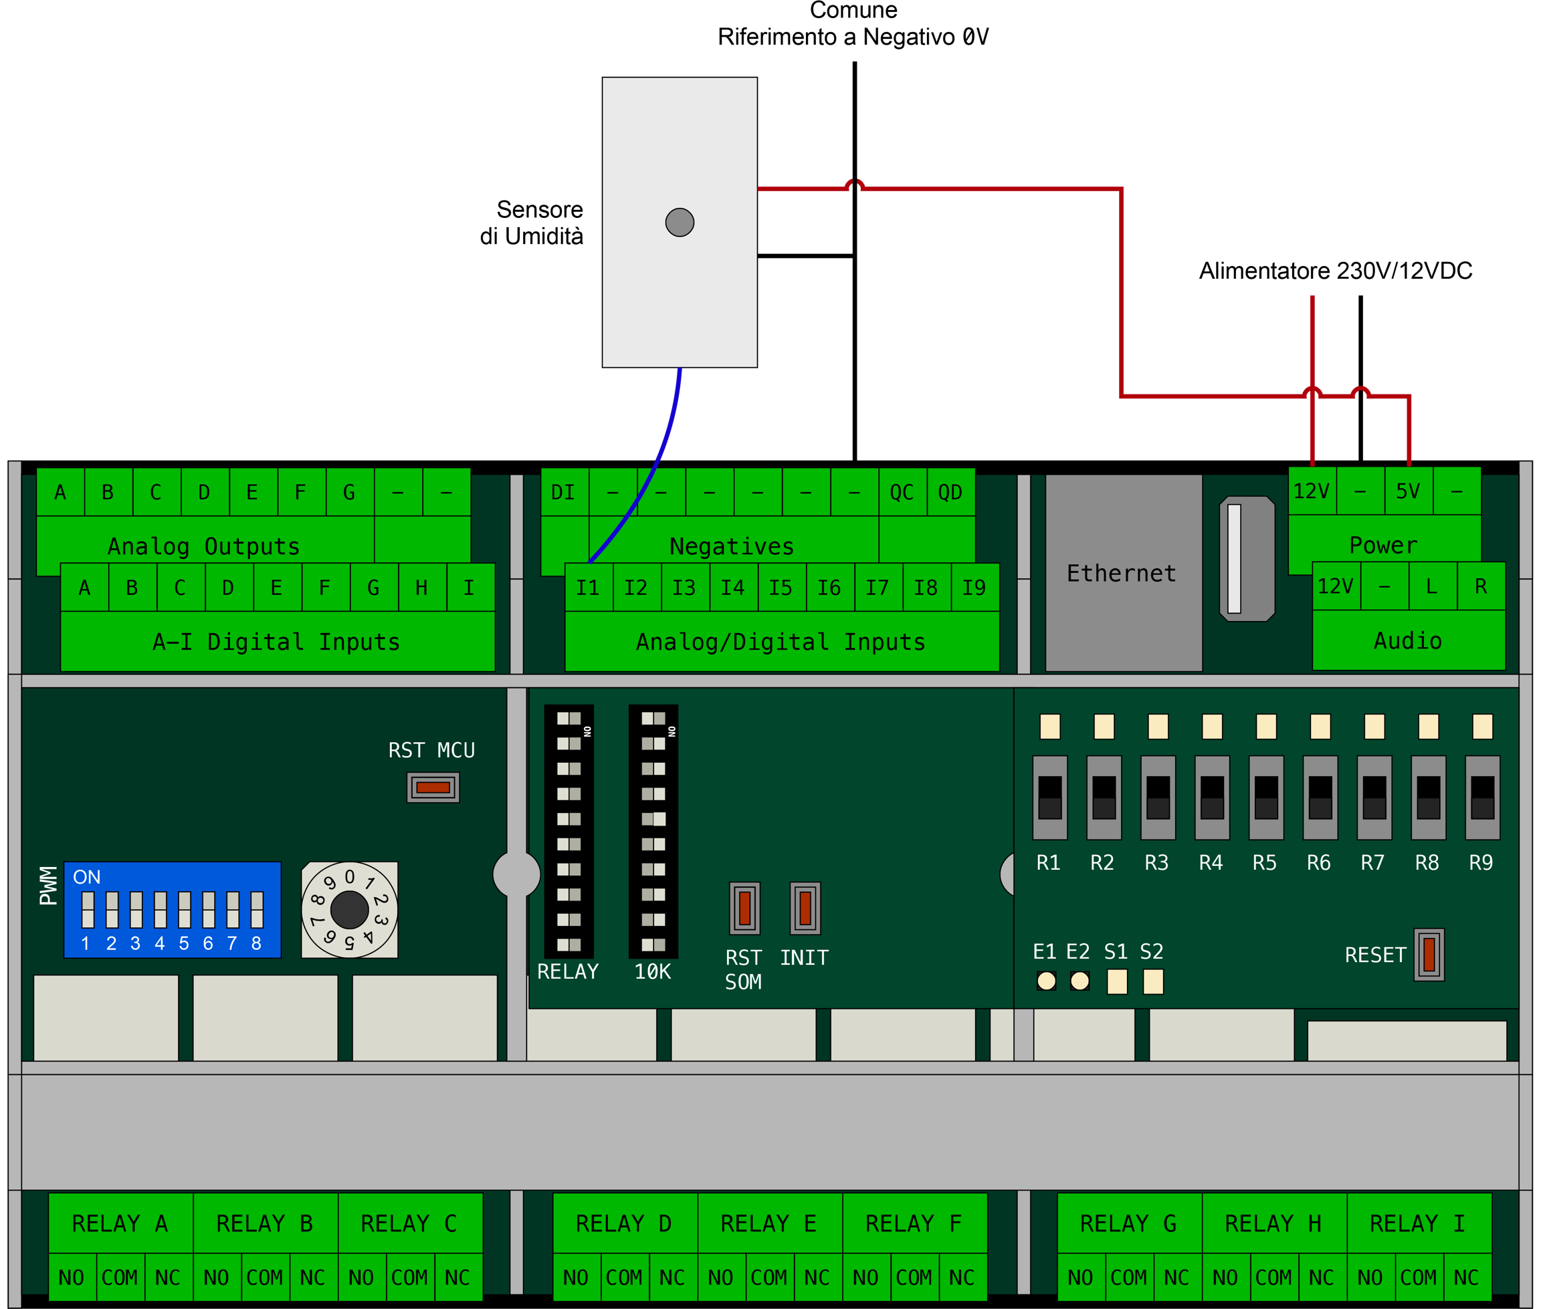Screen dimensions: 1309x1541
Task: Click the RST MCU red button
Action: coord(433,788)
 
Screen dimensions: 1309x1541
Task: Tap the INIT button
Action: coord(805,908)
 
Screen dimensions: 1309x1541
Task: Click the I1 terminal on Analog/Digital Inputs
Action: coord(589,588)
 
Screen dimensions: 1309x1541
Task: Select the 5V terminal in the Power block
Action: coord(1408,491)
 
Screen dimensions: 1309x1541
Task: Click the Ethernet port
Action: coord(1123,574)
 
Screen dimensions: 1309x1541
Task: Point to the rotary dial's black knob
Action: coord(349,910)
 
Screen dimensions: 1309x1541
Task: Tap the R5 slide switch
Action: coord(1265,798)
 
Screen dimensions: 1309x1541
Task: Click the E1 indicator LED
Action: coord(1046,981)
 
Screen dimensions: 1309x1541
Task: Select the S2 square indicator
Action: coord(1153,981)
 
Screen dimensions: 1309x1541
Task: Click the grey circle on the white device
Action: coord(679,222)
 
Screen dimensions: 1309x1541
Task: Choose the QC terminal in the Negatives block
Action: coord(902,493)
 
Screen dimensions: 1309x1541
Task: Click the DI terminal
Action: coord(563,493)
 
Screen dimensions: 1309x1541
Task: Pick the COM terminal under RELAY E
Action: coord(769,1278)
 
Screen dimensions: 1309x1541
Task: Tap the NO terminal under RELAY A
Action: coord(72,1278)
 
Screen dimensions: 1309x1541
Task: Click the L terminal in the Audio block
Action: coord(1432,586)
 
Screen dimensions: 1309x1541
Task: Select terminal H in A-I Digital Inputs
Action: coord(421,588)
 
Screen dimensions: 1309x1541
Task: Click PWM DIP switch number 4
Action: coord(161,910)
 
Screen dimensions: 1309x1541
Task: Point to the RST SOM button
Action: coord(744,908)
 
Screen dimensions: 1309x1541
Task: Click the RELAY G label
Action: coord(1128,1223)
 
